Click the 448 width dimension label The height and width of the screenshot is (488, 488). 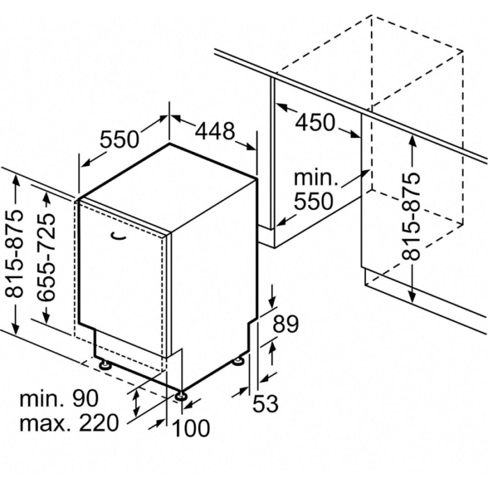coord(215,131)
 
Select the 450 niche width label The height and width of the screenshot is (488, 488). coord(315,122)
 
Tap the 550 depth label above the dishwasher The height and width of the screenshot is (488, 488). coord(119,139)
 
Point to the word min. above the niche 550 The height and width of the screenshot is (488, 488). coord(316,178)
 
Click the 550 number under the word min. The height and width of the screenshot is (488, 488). coord(314,201)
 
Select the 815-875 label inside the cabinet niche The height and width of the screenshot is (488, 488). coord(411,216)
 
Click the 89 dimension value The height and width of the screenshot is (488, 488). coord(286,324)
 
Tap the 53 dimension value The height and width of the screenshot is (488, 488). coord(265,404)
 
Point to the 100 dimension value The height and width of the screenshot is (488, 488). coord(191,428)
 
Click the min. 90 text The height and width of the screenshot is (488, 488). coord(59,398)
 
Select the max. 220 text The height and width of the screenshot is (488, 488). coord(69,422)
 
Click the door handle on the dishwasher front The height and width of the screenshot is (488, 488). coord(119,237)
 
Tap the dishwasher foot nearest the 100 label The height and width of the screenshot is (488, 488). coord(181,397)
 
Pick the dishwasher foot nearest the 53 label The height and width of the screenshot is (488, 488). coord(239,362)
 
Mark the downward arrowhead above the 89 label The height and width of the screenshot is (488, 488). coord(272,302)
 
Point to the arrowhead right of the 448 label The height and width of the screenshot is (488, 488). coord(250,146)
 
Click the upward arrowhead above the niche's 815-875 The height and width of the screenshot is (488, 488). coord(413,142)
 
